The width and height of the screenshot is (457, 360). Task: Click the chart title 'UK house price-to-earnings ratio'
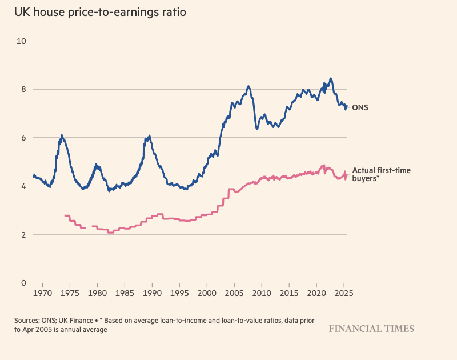pyautogui.click(x=100, y=12)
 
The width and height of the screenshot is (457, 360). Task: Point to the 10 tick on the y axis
pyautogui.click(x=22, y=41)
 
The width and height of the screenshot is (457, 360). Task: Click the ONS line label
pyautogui.click(x=360, y=107)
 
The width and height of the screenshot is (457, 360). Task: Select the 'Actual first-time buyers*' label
pyautogui.click(x=381, y=174)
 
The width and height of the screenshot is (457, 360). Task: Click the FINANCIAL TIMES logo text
pyautogui.click(x=371, y=329)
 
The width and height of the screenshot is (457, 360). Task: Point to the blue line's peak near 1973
pyautogui.click(x=62, y=135)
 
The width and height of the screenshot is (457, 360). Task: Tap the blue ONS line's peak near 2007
pyautogui.click(x=248, y=86)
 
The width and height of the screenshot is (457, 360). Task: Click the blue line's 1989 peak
pyautogui.click(x=149, y=136)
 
